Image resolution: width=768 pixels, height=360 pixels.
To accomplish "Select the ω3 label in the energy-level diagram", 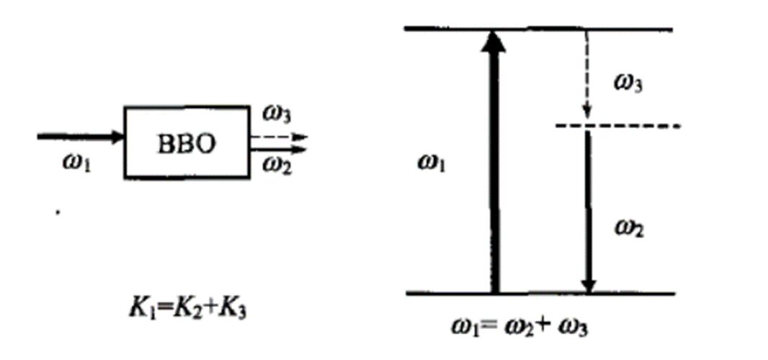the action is (x=628, y=84).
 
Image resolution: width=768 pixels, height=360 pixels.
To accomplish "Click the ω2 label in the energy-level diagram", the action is (x=628, y=230).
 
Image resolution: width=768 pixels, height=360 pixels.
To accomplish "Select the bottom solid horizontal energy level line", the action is (x=540, y=294).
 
